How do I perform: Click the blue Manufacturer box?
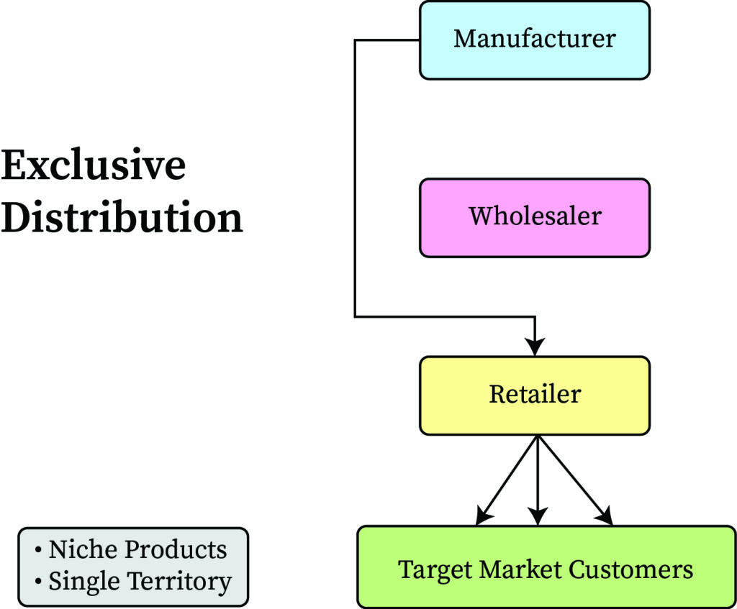pos(534,40)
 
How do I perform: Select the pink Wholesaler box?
pos(534,217)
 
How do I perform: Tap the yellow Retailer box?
pos(534,395)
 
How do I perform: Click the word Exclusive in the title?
pos(94,166)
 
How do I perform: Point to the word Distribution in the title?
pos(122,216)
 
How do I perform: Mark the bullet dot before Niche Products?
pos(38,551)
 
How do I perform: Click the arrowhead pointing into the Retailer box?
pos(535,346)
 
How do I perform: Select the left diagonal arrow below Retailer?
pos(507,480)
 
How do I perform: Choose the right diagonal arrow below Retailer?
pos(574,480)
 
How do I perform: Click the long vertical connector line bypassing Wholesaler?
pos(355,180)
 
